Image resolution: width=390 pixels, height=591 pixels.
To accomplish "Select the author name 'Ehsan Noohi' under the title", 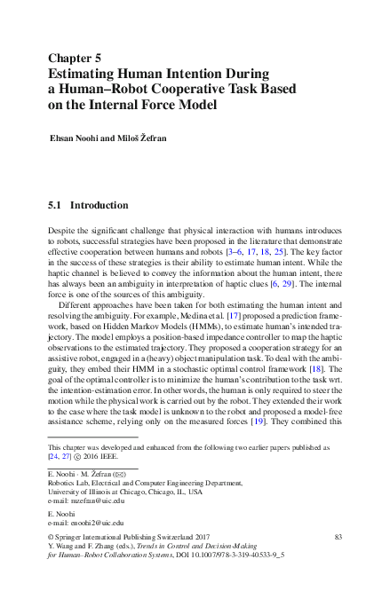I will (x=76, y=140).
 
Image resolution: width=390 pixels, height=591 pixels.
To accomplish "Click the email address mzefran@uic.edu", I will (x=90, y=500).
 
